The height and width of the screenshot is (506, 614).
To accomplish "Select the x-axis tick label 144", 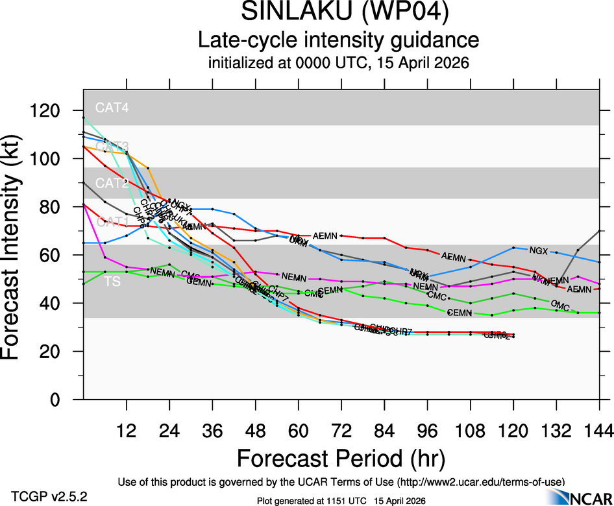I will [x=598, y=431].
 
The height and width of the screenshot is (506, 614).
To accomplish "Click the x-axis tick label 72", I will [x=341, y=431].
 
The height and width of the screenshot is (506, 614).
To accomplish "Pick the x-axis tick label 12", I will [x=127, y=431].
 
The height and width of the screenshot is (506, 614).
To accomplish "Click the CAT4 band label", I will [x=112, y=108].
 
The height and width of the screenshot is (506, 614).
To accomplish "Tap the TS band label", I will [x=112, y=282].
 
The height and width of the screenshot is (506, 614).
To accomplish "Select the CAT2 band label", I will [x=112, y=184].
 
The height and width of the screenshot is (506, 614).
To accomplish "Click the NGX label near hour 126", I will [x=539, y=250].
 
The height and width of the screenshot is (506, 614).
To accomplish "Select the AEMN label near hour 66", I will [x=325, y=235].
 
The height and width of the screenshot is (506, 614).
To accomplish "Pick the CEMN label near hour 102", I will [x=459, y=313].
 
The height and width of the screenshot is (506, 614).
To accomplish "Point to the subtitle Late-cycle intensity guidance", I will [x=338, y=40].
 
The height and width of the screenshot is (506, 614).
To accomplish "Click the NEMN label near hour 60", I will [x=294, y=277].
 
